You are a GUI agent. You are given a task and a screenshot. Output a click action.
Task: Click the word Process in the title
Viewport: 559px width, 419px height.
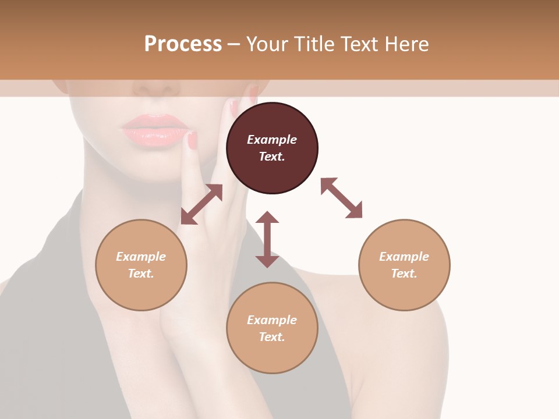[183, 44]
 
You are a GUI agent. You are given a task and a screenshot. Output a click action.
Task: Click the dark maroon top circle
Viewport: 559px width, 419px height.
[272, 148]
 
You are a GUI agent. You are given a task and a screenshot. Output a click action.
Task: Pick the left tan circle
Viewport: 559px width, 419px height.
[141, 265]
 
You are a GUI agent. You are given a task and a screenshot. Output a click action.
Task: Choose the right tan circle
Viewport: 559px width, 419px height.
[404, 265]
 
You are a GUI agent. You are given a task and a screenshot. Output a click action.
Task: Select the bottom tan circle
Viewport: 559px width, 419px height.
[272, 328]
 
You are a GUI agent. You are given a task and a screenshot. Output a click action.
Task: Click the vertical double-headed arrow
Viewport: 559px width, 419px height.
[267, 239]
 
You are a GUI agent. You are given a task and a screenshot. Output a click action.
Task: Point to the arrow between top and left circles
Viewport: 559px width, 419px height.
[201, 204]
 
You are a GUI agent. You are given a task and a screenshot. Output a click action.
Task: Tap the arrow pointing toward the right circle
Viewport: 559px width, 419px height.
[341, 198]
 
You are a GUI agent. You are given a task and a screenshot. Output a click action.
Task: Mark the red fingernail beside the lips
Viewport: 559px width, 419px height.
[192, 140]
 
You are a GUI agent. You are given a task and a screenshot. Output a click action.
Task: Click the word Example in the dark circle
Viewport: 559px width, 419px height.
[272, 140]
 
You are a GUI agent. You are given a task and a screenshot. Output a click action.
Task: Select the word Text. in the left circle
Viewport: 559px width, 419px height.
[141, 274]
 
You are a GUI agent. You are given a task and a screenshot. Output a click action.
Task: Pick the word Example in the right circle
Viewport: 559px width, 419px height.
[404, 257]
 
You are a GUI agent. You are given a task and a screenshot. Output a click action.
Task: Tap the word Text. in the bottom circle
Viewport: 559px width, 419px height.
[272, 337]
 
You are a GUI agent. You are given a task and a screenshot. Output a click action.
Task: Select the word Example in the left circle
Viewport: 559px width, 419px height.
[141, 257]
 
